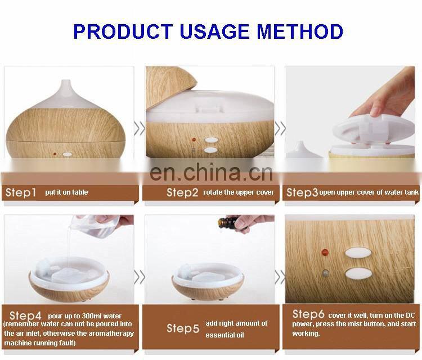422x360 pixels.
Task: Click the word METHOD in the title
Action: pos(299,31)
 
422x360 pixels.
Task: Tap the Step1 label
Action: pos(21,192)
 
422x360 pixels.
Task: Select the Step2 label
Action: pos(182,192)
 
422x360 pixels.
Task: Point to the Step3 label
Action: pos(302,192)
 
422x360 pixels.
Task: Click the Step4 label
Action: pos(25,316)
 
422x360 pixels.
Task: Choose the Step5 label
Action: pos(183,328)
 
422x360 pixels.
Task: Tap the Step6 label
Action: pos(308,314)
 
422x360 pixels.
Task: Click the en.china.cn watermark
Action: pos(211,172)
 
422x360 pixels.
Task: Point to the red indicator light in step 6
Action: pos(325,253)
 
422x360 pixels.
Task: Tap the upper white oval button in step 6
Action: pos(358,253)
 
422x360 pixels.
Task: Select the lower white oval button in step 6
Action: pos(358,273)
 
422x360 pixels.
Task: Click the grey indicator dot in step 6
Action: pos(326,273)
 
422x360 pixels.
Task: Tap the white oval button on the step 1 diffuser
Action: pos(68,155)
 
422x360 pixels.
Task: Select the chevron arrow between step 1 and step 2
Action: pos(140,128)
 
